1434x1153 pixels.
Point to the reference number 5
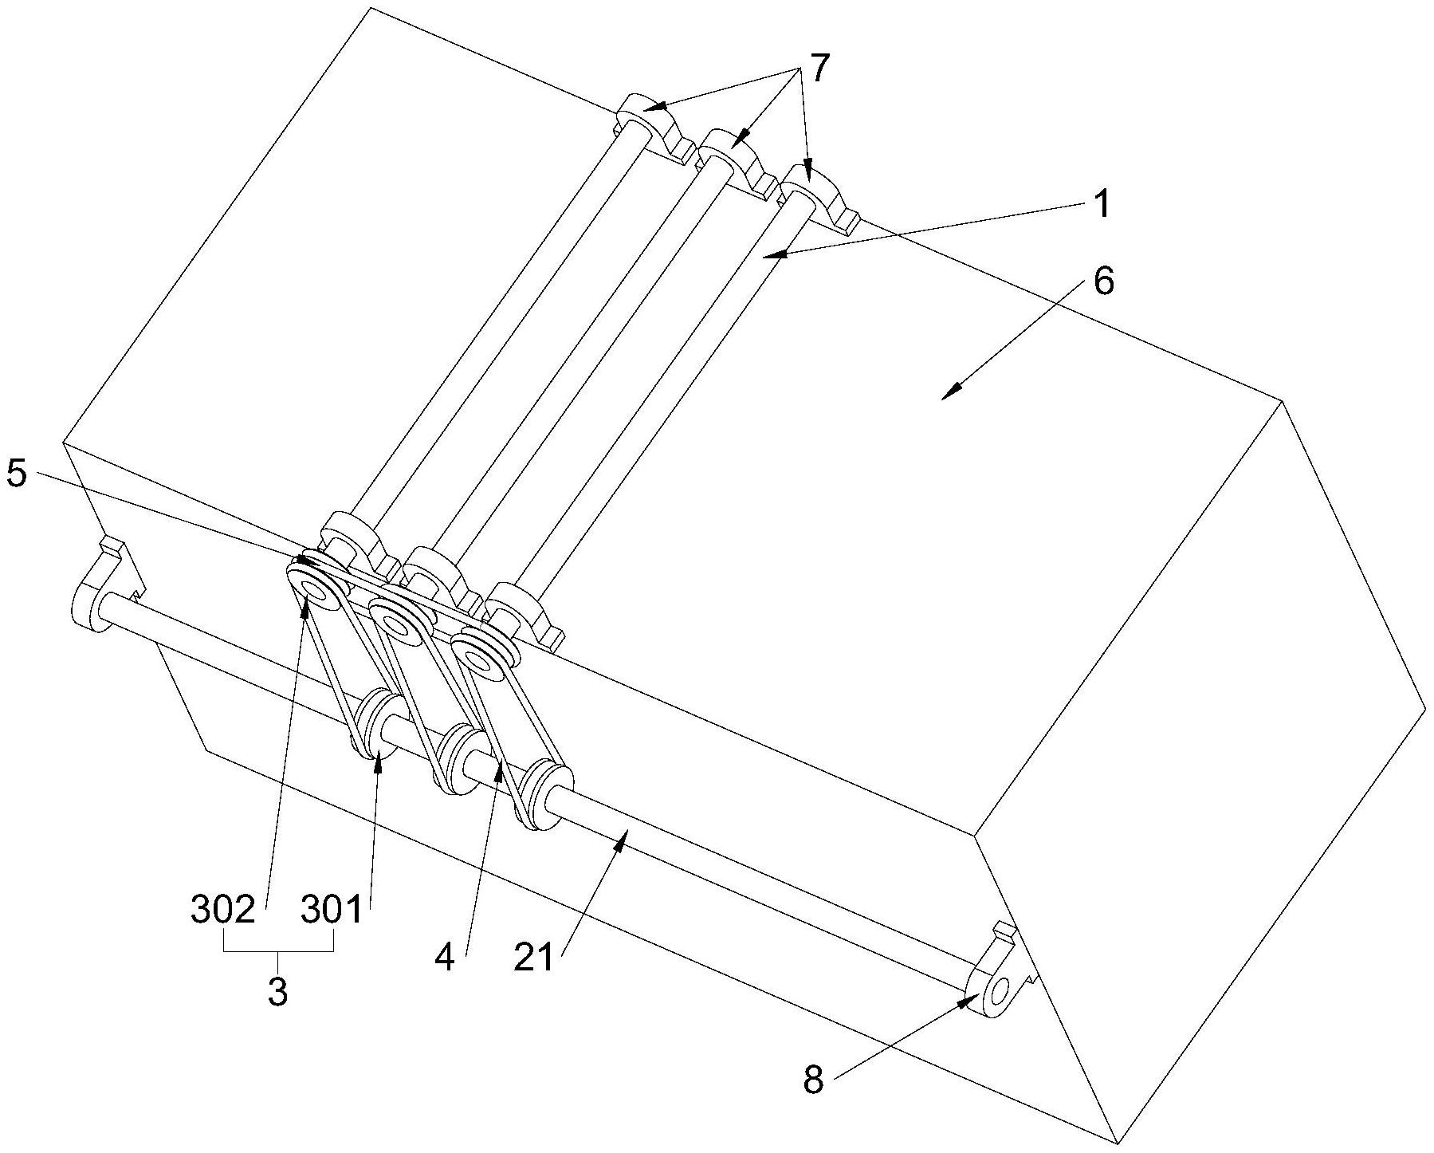point(17,474)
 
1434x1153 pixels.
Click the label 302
point(223,910)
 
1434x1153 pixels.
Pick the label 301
point(332,910)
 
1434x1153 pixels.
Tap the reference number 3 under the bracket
point(277,991)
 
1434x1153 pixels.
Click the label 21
point(533,958)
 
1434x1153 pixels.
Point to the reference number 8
point(812,1082)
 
